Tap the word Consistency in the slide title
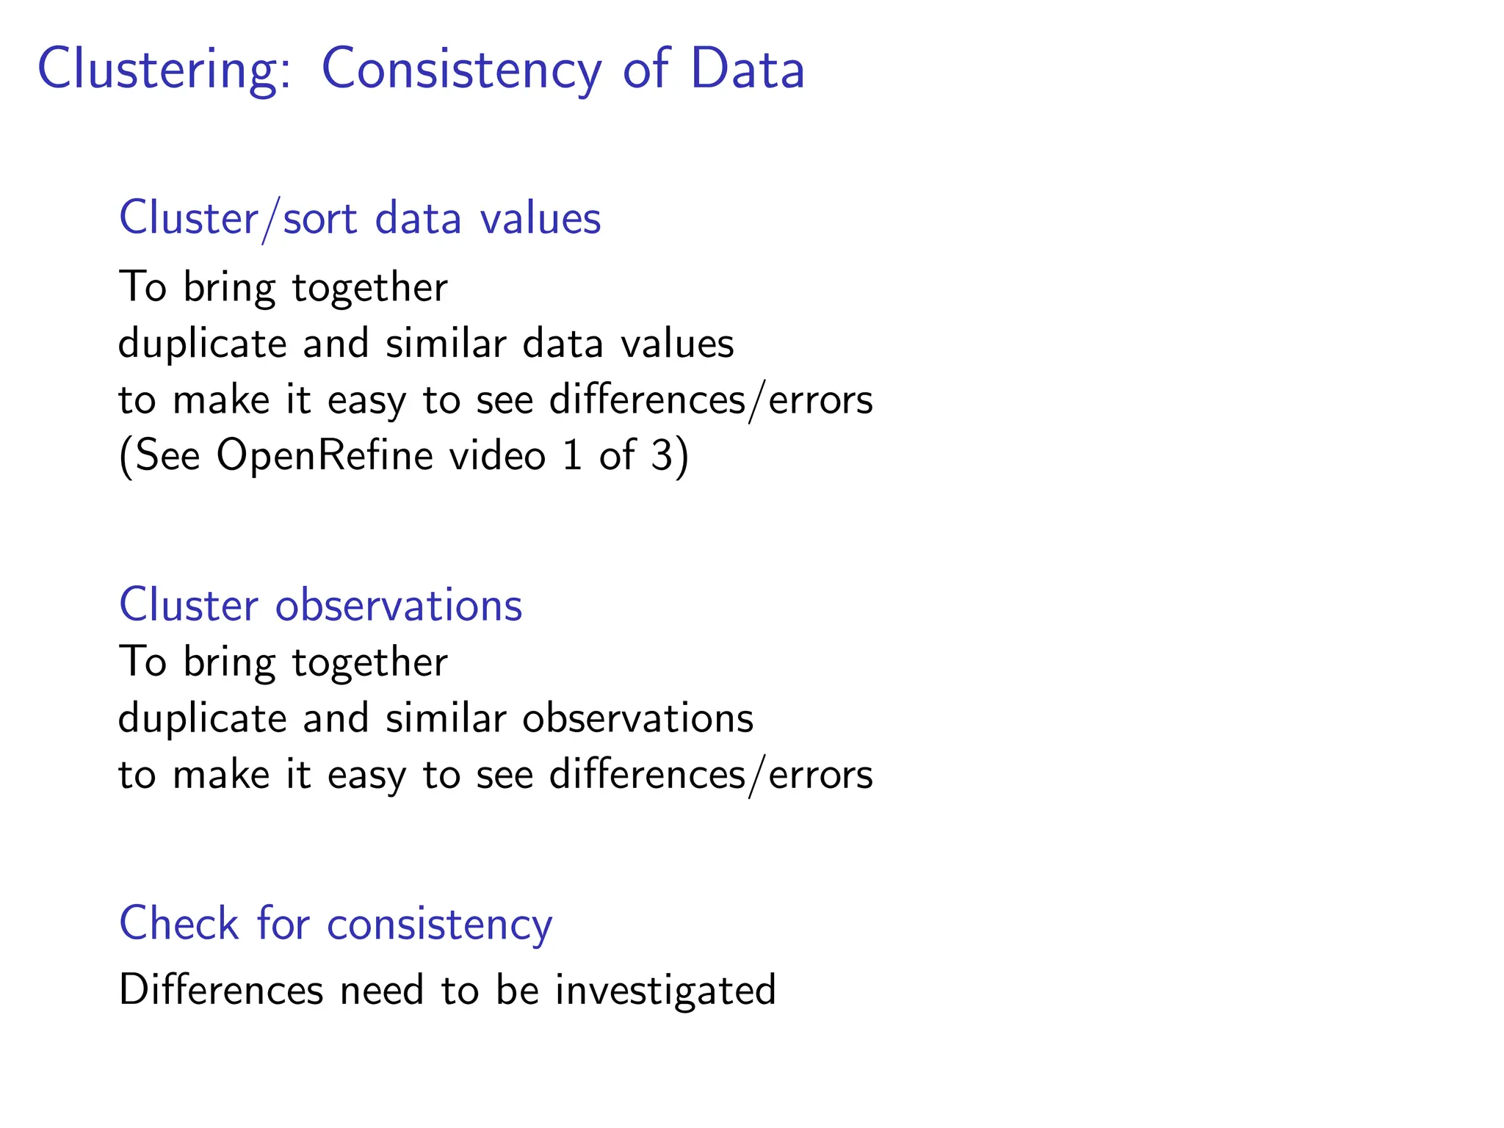(461, 70)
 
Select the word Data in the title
(747, 70)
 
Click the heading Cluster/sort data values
(360, 219)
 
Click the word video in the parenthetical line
(497, 455)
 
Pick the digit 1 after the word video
(573, 455)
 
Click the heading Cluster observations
(320, 606)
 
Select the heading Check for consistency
(335, 924)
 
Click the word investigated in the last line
(665, 990)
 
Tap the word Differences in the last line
(220, 990)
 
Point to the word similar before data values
(446, 344)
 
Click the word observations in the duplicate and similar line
(637, 718)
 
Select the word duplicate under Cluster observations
(202, 718)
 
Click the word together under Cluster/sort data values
(369, 288)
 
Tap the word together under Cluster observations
(369, 662)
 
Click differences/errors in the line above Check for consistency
(711, 775)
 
